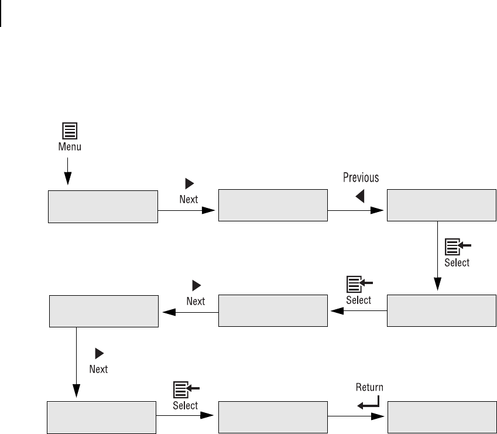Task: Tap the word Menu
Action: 70,147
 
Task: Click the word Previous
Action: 361,178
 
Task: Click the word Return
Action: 370,387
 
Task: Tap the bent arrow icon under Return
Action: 368,401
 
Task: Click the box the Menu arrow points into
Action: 102,206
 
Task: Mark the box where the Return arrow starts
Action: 272,418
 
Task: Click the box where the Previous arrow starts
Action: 272,206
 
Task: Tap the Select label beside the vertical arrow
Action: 457,262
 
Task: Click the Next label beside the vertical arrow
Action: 98,369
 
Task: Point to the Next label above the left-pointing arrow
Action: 196,301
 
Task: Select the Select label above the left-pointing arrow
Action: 358,300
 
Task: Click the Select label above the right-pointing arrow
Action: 186,405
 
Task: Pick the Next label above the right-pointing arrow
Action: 188,199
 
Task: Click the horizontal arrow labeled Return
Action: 357,418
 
